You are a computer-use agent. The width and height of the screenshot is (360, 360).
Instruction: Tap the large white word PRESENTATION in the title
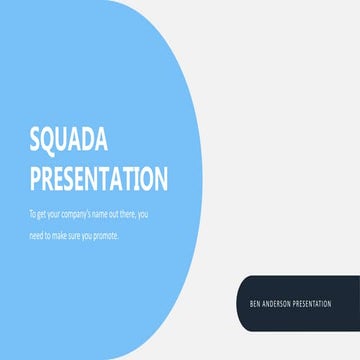[x=98, y=179]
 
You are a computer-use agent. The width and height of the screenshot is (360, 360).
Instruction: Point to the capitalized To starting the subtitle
[x=34, y=215]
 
